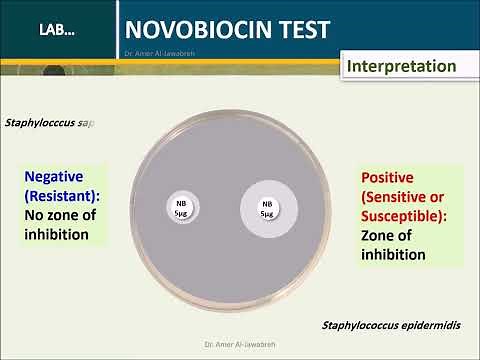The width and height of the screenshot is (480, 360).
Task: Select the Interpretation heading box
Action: point(401,67)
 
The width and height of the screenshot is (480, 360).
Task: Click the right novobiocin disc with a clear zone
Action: point(268,208)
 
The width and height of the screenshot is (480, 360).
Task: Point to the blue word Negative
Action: point(55,176)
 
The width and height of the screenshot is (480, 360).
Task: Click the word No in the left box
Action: point(33,215)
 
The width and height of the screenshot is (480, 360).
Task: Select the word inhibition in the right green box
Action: point(394,255)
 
